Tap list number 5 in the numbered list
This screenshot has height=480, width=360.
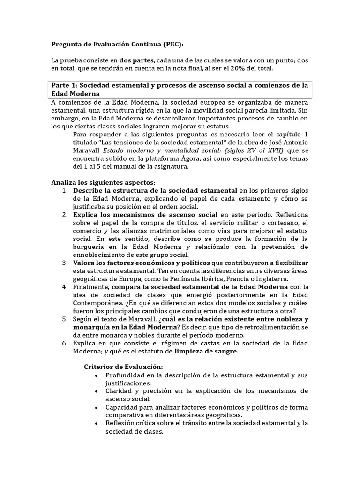point(65,319)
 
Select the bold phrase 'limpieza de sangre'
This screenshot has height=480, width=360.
point(206,352)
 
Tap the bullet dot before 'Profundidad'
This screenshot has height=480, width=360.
point(96,376)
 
